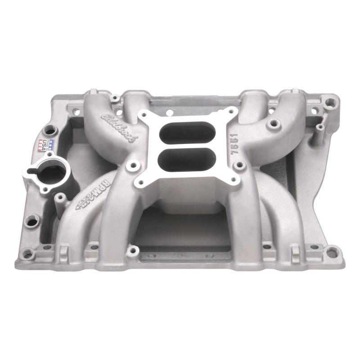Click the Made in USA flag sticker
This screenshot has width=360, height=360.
(x=46, y=145)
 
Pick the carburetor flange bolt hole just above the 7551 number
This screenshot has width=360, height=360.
(x=231, y=112)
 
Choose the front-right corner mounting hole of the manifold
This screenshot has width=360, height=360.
(x=332, y=252)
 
